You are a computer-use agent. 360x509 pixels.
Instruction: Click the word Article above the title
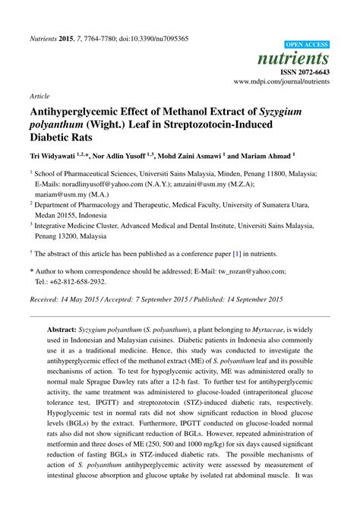point(39,97)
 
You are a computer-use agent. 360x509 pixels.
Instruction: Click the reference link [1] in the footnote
point(238,254)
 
